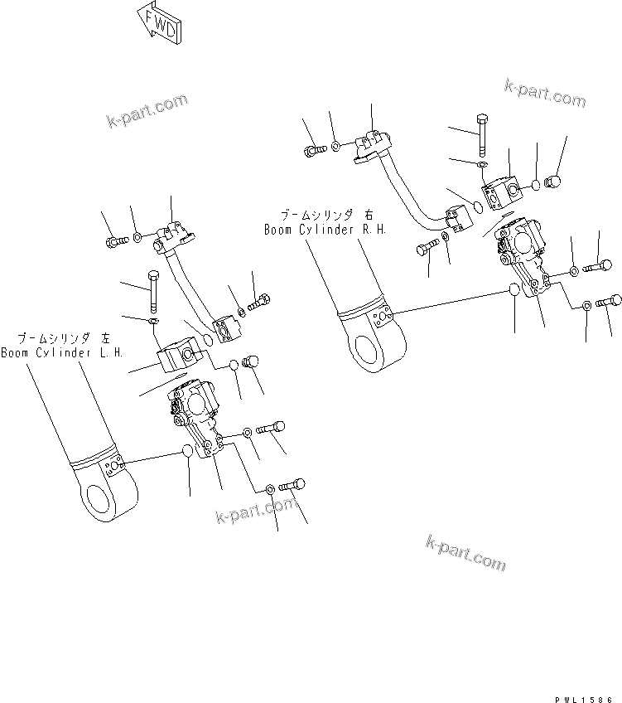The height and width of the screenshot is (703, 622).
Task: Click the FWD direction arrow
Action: [x=157, y=24]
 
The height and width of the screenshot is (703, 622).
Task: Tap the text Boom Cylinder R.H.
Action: [x=325, y=230]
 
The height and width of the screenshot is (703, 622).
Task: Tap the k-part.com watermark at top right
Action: [x=543, y=91]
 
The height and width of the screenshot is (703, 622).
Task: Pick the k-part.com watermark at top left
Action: [x=147, y=112]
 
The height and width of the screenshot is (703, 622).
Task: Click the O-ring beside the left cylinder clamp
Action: [x=188, y=451]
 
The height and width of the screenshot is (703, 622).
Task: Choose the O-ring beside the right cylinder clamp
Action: [x=514, y=291]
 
